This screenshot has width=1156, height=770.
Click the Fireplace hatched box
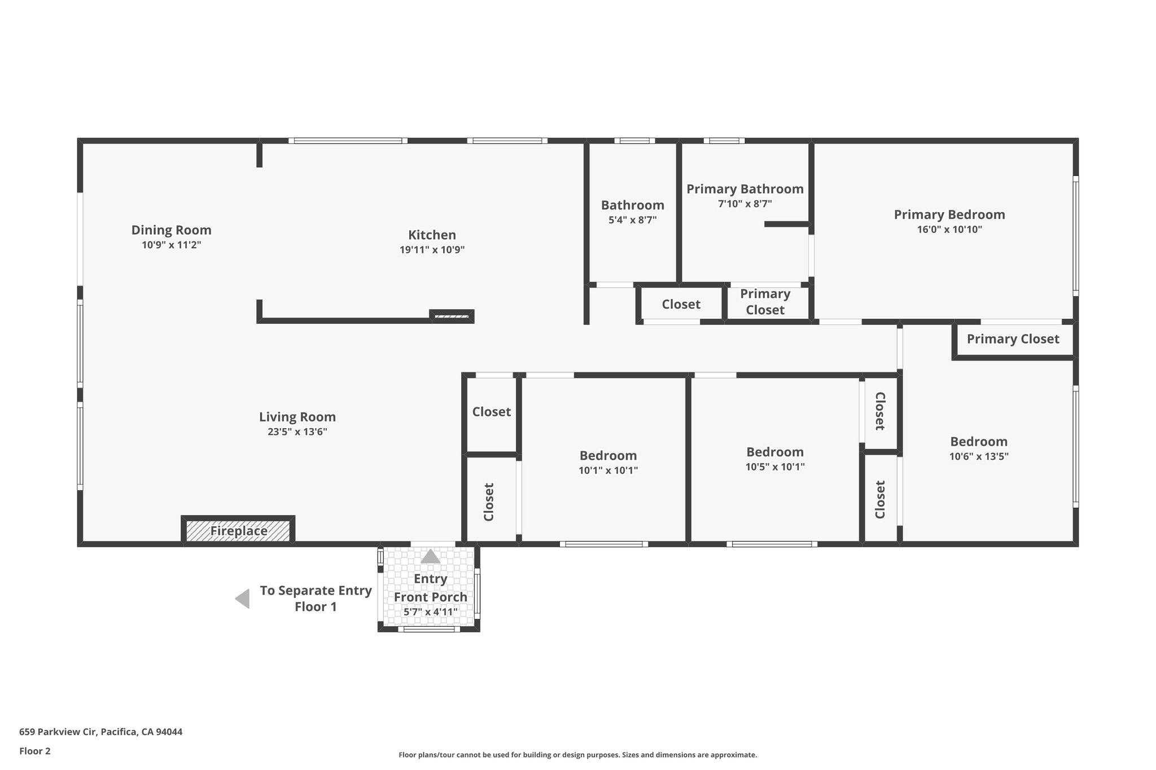pyautogui.click(x=238, y=531)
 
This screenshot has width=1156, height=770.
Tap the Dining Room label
pyautogui.click(x=171, y=230)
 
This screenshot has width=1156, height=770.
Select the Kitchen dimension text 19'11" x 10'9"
pyautogui.click(x=432, y=250)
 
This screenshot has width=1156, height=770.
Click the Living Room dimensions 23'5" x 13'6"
pyautogui.click(x=297, y=432)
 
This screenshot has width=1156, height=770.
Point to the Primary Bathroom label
pyautogui.click(x=745, y=189)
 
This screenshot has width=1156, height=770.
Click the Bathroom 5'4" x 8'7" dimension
pyautogui.click(x=632, y=220)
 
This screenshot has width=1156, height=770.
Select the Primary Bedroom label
pyautogui.click(x=949, y=214)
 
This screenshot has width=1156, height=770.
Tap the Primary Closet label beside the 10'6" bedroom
pyautogui.click(x=1013, y=339)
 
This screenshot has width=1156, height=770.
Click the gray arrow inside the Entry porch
pyautogui.click(x=431, y=557)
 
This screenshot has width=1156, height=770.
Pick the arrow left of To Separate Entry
pyautogui.click(x=243, y=599)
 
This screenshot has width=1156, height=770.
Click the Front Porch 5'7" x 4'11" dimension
pyautogui.click(x=431, y=612)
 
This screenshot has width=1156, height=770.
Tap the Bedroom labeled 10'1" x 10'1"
pyautogui.click(x=608, y=456)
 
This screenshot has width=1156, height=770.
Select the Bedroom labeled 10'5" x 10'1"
pyautogui.click(x=774, y=452)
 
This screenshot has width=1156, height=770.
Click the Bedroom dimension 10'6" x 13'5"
pyautogui.click(x=979, y=456)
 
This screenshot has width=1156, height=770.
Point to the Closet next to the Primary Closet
pyautogui.click(x=681, y=305)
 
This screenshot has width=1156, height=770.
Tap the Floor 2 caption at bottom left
pyautogui.click(x=34, y=751)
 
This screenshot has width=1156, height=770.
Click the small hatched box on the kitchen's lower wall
pyautogui.click(x=452, y=316)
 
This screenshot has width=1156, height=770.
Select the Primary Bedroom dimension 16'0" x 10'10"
pyautogui.click(x=949, y=230)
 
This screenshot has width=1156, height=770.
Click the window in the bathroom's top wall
pyautogui.click(x=634, y=140)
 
